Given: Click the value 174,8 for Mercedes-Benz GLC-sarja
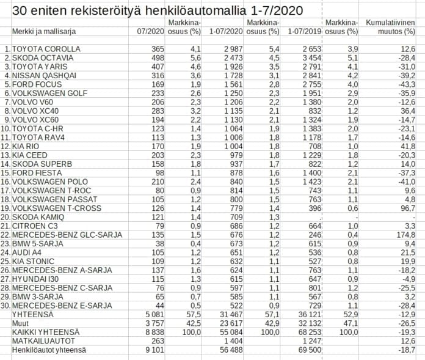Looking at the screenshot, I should (x=405, y=235).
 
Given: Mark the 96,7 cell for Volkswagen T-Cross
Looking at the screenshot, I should (x=407, y=208).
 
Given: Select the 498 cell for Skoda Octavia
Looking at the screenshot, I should (x=157, y=57).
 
